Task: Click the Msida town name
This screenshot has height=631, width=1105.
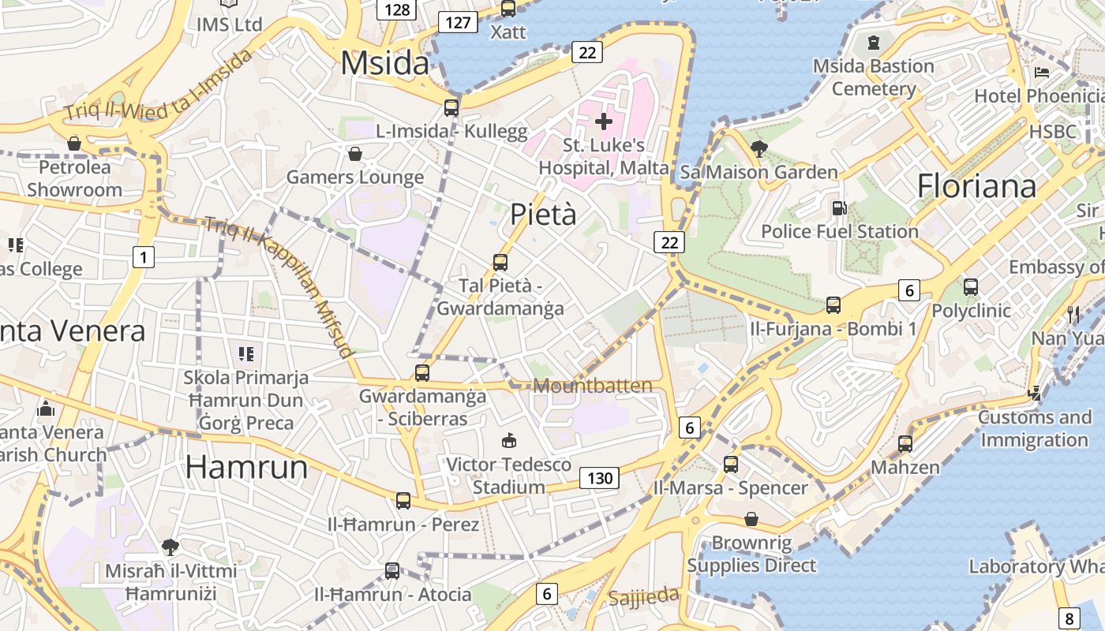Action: click(385, 63)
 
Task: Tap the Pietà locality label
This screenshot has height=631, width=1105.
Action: click(543, 214)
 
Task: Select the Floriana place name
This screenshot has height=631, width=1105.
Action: click(976, 186)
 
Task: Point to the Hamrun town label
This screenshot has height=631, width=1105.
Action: click(246, 467)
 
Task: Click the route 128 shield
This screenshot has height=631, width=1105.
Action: click(397, 9)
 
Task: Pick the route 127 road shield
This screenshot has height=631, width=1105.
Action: click(458, 22)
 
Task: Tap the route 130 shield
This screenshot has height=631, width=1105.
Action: click(600, 477)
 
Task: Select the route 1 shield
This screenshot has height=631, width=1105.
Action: click(143, 256)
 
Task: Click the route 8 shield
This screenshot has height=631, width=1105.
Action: click(1069, 618)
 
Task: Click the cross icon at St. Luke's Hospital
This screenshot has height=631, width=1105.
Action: click(604, 121)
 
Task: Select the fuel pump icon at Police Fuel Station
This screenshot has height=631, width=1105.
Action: click(839, 208)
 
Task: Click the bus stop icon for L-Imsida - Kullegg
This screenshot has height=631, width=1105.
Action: click(451, 108)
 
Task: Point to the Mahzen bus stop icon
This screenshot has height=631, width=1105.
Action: click(905, 444)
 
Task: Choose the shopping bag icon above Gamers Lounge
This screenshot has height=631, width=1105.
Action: click(355, 153)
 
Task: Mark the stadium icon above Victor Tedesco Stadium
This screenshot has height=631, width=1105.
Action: click(509, 440)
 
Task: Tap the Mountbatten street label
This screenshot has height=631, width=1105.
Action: click(593, 386)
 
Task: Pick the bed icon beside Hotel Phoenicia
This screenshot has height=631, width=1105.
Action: click(1042, 73)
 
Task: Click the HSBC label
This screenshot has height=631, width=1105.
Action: click(1053, 131)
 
